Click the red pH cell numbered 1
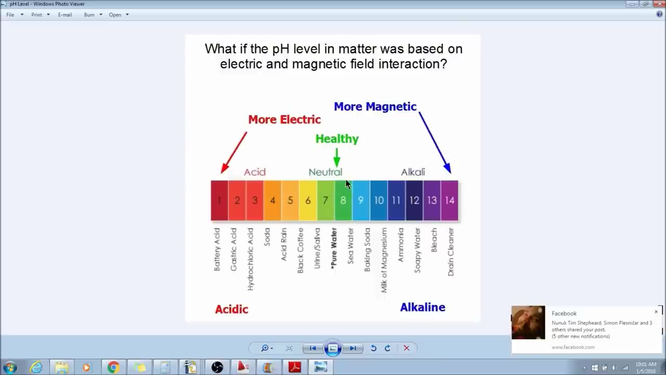pos(220,201)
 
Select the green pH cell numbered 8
pos(343,201)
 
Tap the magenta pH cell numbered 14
pos(450,201)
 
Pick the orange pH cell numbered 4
pos(273,201)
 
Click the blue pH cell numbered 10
pos(379,201)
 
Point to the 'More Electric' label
pos(284,119)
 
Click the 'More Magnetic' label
pos(375,106)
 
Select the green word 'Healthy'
pos(337,139)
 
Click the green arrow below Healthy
pos(337,157)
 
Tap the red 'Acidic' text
pos(232,309)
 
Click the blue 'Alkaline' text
pos(422,307)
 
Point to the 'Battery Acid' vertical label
pos(217,249)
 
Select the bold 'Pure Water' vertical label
pos(334,247)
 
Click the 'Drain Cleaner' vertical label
pos(451,252)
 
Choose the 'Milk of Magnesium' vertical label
pos(384,259)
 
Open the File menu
pos(10,15)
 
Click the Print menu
pos(36,15)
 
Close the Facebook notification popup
pos(656,311)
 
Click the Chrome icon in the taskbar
pos(113,367)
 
